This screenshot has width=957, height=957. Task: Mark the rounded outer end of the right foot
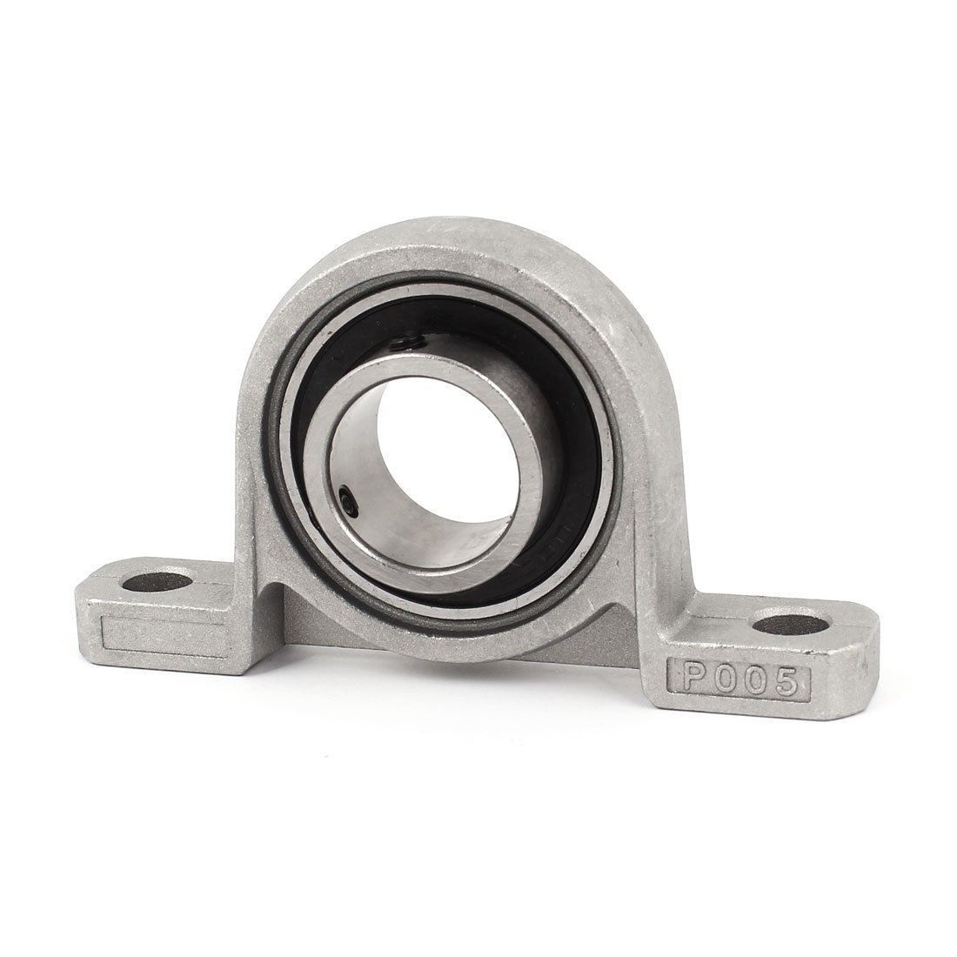(861, 661)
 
